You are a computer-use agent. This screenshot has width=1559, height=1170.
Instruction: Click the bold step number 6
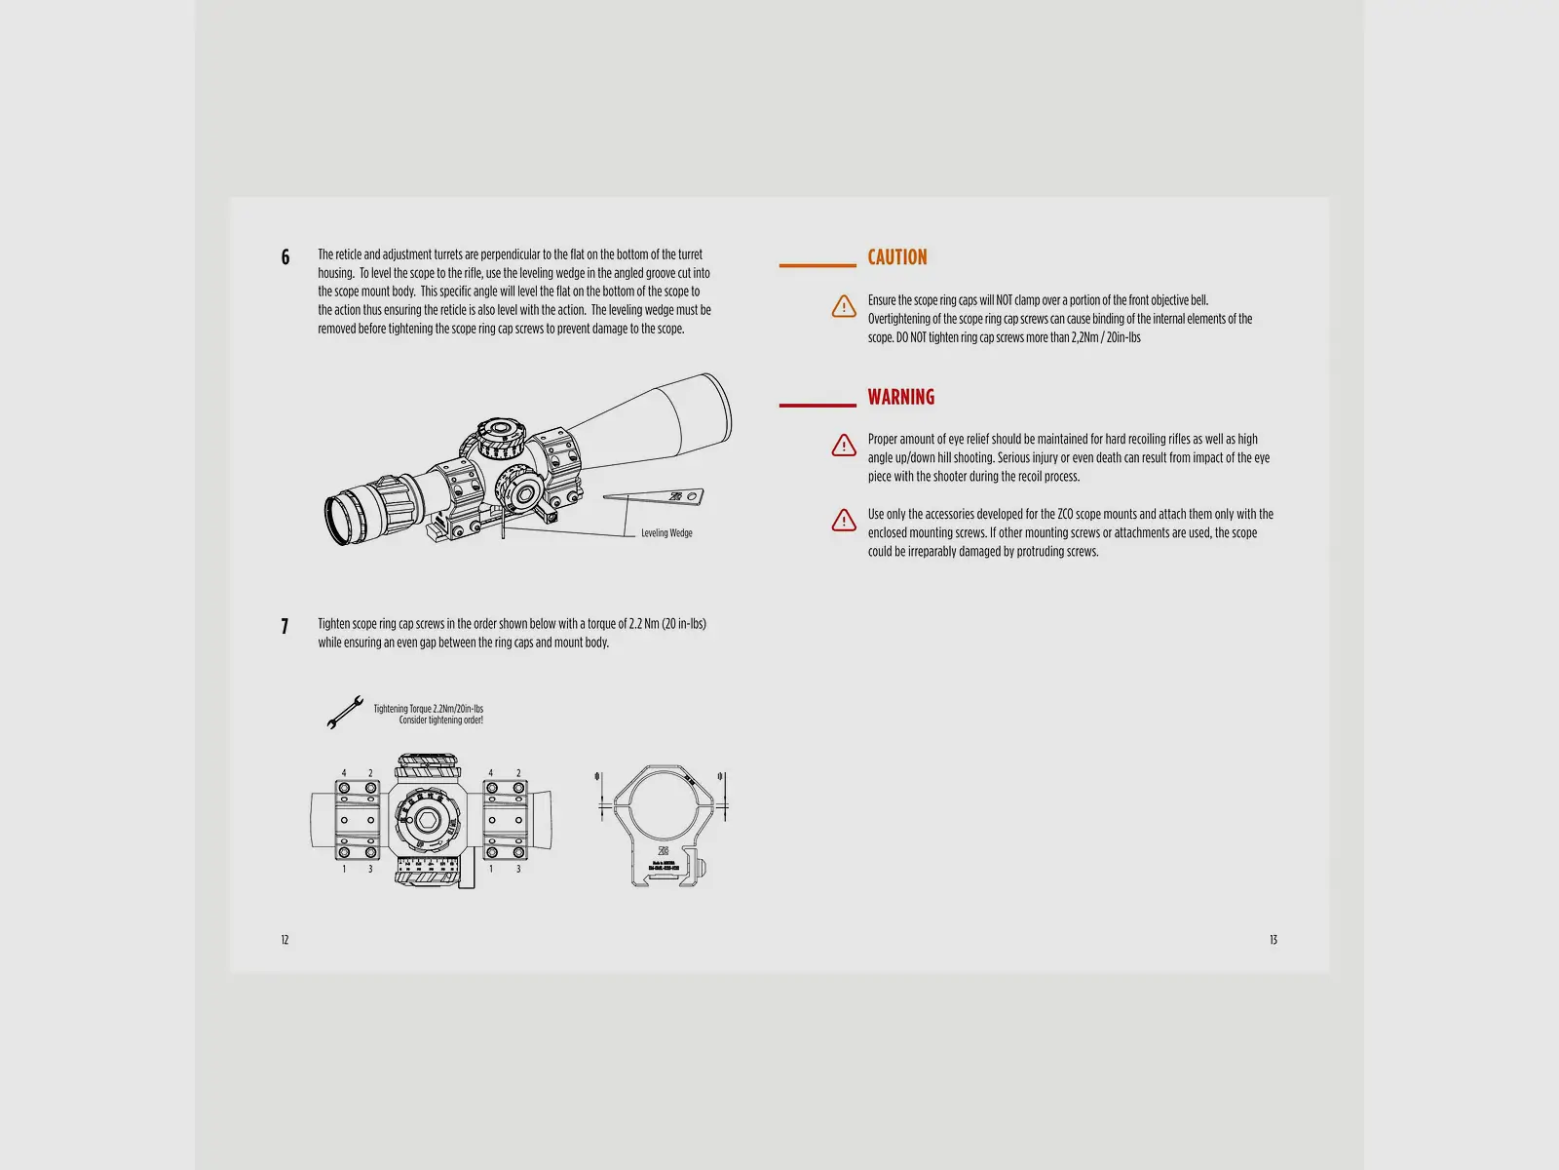coord(285,257)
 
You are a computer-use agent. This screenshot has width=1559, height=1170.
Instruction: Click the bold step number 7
coord(285,627)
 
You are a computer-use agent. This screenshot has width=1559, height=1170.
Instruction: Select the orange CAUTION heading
coord(897,257)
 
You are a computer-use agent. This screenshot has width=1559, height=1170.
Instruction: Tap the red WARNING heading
coord(900,397)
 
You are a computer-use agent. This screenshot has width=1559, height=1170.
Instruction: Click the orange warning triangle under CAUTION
coord(844,306)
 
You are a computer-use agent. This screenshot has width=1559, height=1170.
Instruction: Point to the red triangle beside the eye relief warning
coord(844,446)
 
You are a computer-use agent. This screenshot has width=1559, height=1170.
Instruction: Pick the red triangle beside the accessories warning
coord(844,520)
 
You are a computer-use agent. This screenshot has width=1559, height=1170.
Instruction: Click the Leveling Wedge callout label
coord(666,532)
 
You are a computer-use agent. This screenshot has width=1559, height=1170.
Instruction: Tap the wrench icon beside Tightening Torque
coord(345,712)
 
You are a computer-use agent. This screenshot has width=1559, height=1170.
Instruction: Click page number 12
coord(285,940)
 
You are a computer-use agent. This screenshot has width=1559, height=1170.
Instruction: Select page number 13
coord(1273,940)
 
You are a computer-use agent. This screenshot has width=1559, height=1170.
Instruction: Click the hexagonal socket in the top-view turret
coord(427,820)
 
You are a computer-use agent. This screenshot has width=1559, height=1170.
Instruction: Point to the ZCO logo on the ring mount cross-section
coord(664,850)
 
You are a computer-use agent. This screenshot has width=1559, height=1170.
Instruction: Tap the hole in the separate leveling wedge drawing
coord(691,496)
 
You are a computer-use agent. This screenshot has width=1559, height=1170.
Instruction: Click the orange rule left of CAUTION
coord(818,265)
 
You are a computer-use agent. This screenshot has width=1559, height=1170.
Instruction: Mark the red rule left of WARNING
coord(818,406)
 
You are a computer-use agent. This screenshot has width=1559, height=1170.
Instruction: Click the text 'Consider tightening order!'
coord(440,721)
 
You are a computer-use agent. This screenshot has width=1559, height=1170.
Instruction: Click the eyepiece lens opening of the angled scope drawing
coord(336,520)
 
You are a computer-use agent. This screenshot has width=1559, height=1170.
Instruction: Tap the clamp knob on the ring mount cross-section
coord(701,868)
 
